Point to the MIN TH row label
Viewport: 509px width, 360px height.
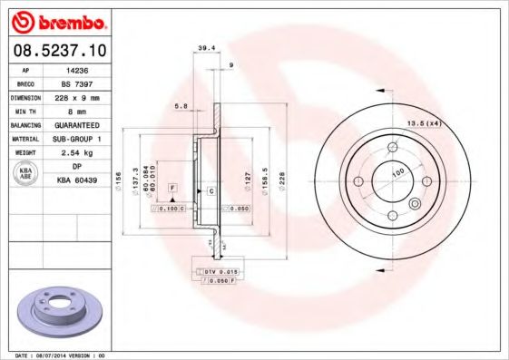pos(23,112)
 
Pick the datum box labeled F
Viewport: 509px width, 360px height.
pos(171,187)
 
